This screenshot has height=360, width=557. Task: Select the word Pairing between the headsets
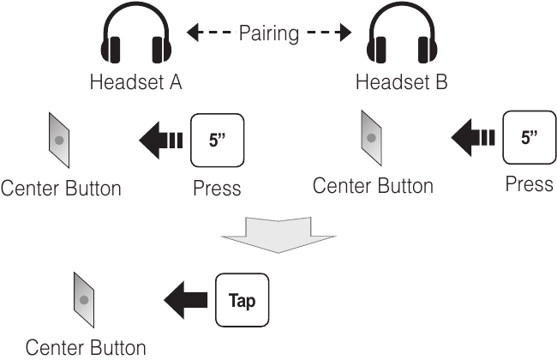(270, 33)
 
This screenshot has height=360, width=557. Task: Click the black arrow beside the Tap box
(185, 301)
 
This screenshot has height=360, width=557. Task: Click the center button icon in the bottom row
(83, 300)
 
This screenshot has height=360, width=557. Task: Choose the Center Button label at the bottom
(85, 348)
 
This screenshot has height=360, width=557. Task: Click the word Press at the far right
(529, 183)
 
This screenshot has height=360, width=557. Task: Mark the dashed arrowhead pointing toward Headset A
(193, 33)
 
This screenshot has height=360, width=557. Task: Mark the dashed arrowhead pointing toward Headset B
(345, 33)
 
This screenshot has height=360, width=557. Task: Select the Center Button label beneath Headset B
(373, 185)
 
